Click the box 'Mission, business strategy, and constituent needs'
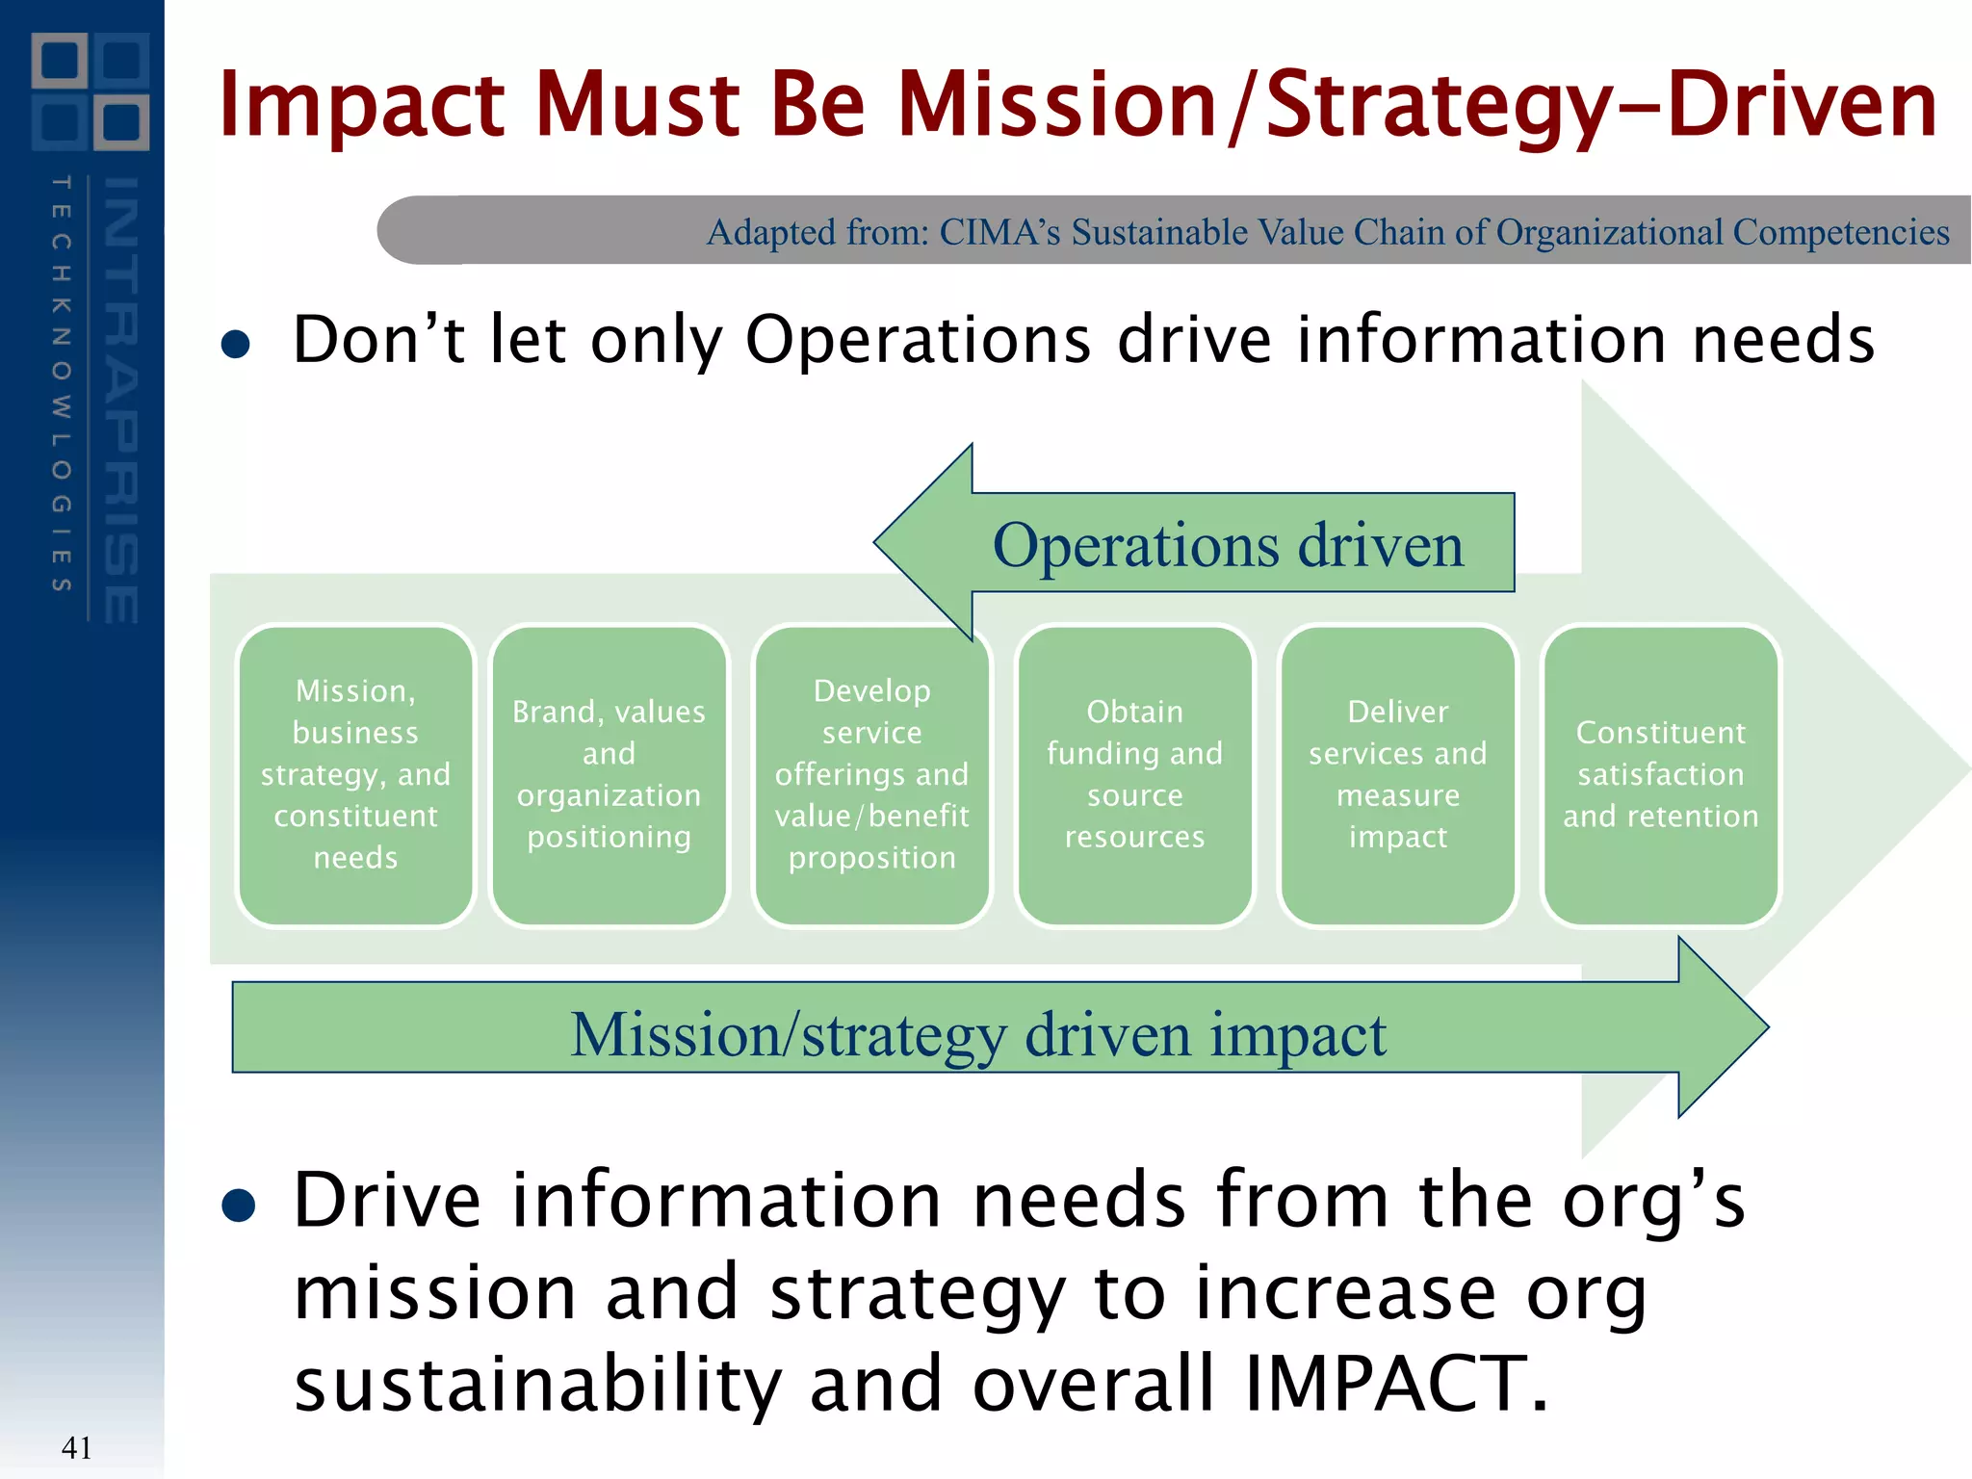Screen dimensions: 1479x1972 (x=355, y=775)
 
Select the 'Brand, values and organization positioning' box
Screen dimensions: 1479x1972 (x=609, y=775)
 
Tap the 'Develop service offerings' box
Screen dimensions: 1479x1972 (x=871, y=775)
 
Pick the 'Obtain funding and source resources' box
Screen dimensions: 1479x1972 (x=1134, y=775)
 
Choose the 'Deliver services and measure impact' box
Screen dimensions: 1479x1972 (x=1397, y=775)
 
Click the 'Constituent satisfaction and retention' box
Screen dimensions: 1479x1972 (x=1660, y=775)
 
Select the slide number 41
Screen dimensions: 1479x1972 (x=76, y=1447)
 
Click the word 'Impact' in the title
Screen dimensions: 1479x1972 (x=361, y=106)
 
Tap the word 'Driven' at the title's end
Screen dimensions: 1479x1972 (x=1801, y=106)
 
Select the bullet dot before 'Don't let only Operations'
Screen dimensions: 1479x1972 (x=236, y=344)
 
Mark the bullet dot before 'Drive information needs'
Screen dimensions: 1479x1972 (x=238, y=1205)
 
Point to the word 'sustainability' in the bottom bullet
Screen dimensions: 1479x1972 (x=537, y=1383)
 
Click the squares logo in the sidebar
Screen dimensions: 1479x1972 (x=91, y=91)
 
